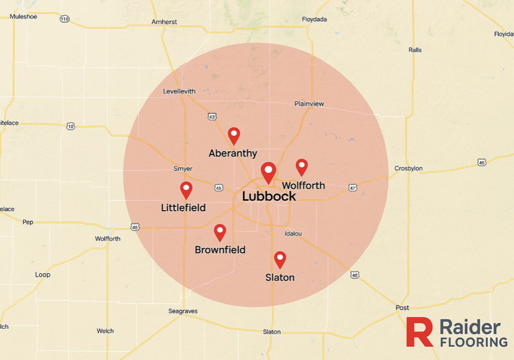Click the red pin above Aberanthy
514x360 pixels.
pos(234,135)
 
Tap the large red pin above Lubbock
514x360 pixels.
pos(269,171)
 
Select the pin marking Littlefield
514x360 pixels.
pos(186,189)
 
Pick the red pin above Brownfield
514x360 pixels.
pos(220,232)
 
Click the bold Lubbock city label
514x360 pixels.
pos(269,197)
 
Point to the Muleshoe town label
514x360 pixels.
pos(23,16)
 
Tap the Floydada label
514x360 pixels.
pos(314,20)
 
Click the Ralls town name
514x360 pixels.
pos(415,50)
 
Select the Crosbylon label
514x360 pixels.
pos(408,169)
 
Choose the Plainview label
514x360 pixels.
pos(309,104)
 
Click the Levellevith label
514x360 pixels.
pos(179,91)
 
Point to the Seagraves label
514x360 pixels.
pos(183,311)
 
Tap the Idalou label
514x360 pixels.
pos(293,233)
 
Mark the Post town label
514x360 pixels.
pos(402,307)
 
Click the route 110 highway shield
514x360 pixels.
pos(64,19)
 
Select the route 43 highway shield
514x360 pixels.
pos(212,116)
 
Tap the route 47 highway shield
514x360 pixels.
pos(352,188)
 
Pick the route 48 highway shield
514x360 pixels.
pos(355,275)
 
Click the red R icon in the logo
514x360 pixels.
pos(419,332)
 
